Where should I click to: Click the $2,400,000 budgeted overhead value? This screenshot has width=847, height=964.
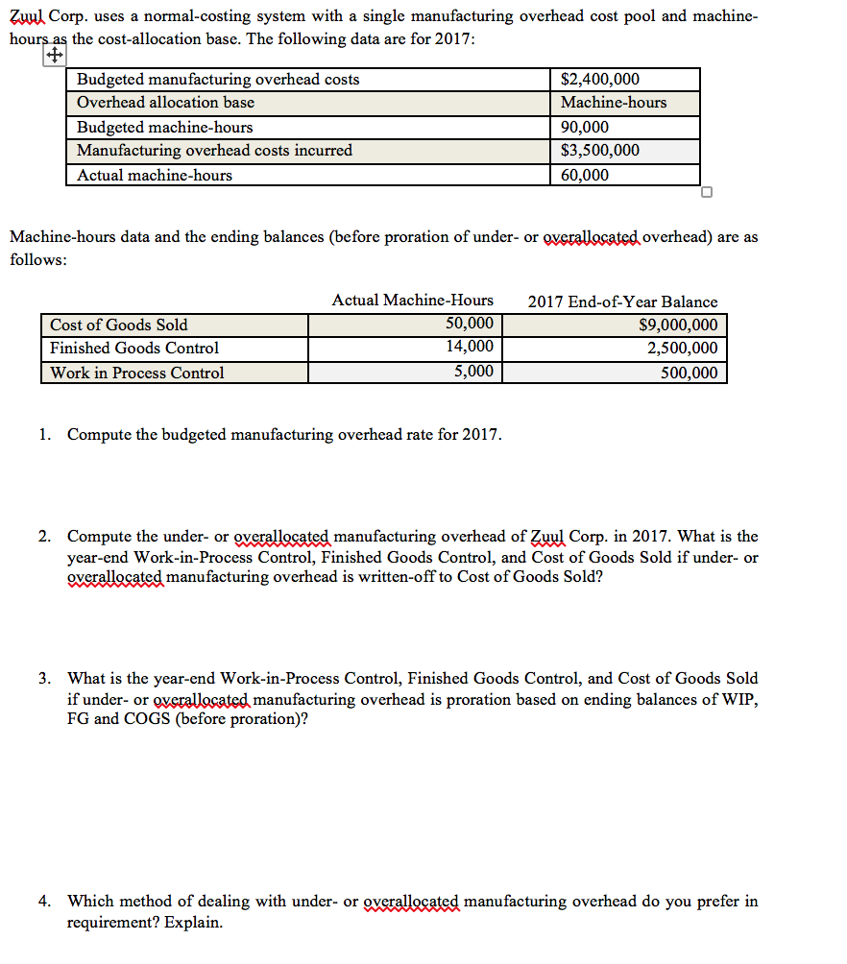click(x=600, y=80)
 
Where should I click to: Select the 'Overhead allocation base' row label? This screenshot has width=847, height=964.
click(x=165, y=103)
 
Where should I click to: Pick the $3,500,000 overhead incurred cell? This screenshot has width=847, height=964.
click(x=600, y=151)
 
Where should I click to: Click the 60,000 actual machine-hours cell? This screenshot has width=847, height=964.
click(x=585, y=175)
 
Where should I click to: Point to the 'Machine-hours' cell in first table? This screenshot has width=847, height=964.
click(x=614, y=103)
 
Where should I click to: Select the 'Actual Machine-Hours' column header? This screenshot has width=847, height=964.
click(x=412, y=301)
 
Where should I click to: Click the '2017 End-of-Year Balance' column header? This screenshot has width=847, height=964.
click(x=622, y=301)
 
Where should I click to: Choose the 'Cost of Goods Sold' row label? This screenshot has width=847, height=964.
click(x=119, y=325)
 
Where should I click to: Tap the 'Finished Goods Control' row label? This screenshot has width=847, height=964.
click(x=134, y=349)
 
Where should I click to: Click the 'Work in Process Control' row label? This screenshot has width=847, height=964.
click(x=137, y=373)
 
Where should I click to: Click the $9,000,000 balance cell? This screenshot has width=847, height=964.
click(x=678, y=325)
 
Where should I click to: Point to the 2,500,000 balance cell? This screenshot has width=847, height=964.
click(x=683, y=349)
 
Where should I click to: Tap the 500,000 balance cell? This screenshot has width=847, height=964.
click(x=689, y=374)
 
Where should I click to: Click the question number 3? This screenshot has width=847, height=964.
click(x=44, y=679)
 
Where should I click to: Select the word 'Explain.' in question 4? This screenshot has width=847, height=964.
click(x=193, y=923)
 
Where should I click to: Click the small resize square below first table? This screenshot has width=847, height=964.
click(x=707, y=192)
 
